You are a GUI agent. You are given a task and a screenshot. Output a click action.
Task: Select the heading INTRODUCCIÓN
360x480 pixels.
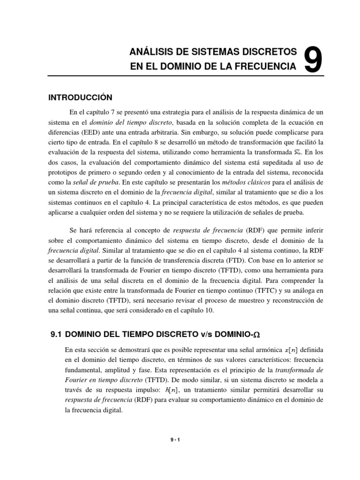(81, 97)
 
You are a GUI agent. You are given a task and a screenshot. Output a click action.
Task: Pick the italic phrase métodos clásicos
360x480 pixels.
(229, 181)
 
